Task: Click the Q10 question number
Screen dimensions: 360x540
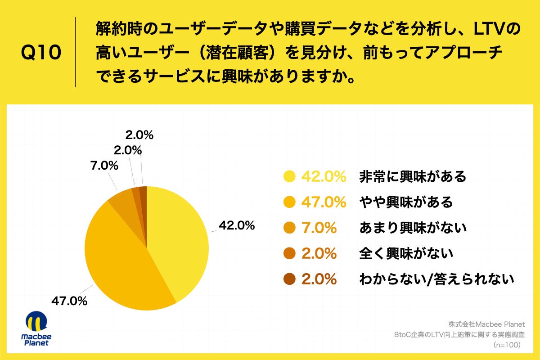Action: (x=41, y=53)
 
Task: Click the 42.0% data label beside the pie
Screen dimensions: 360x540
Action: (x=237, y=225)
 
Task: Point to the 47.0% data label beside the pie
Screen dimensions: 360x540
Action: (x=69, y=301)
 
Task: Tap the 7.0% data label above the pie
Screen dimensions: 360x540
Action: (x=104, y=166)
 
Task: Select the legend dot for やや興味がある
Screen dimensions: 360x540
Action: (x=288, y=202)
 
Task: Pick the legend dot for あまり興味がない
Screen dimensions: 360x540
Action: (x=288, y=228)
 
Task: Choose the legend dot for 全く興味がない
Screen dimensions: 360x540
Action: (x=288, y=254)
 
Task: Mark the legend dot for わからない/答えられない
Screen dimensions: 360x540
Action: (x=288, y=279)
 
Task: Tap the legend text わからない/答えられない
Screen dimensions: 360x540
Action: (x=436, y=279)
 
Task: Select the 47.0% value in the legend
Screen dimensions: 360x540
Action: (x=324, y=202)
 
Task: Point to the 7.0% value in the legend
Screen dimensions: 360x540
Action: (x=319, y=228)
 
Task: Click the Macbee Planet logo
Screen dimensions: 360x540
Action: (x=36, y=328)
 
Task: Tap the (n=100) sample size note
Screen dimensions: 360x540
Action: (x=507, y=345)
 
